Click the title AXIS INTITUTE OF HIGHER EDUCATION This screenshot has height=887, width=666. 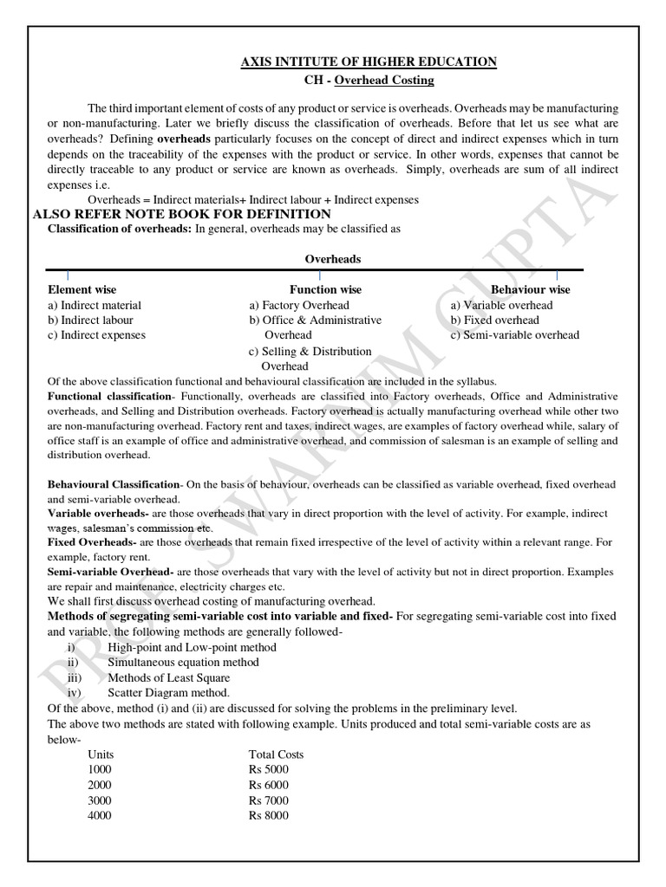pyautogui.click(x=368, y=62)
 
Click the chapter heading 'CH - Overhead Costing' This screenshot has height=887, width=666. pyautogui.click(x=365, y=81)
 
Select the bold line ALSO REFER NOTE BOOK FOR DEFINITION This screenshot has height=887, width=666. pyautogui.click(x=180, y=214)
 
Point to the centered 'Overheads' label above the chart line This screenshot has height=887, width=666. pyautogui.click(x=333, y=259)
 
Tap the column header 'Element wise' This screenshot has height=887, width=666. pyautogui.click(x=82, y=289)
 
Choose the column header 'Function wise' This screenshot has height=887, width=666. pyautogui.click(x=325, y=289)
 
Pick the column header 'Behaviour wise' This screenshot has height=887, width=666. pyautogui.click(x=531, y=289)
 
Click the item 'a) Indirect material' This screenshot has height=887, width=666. pyautogui.click(x=95, y=305)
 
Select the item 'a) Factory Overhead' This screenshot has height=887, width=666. pyautogui.click(x=299, y=305)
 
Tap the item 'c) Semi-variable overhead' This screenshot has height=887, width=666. pyautogui.click(x=514, y=335)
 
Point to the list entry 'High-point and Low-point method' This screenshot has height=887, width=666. pyautogui.click(x=193, y=647)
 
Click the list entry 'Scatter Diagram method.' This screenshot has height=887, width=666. pyautogui.click(x=168, y=693)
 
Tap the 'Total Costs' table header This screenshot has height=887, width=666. pyautogui.click(x=277, y=754)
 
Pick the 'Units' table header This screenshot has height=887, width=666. pyautogui.click(x=101, y=754)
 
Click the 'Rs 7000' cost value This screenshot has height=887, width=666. pyautogui.click(x=269, y=800)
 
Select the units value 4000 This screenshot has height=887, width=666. pyautogui.click(x=100, y=816)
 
